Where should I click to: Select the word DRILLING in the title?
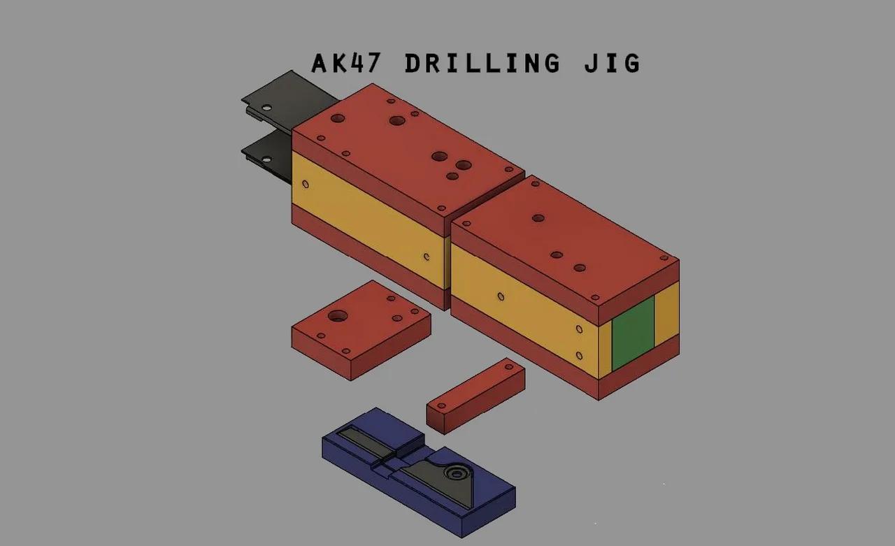[x=482, y=64]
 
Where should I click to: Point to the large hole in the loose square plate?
[x=338, y=315]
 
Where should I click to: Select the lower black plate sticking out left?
[x=269, y=155]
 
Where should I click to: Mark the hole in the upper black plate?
[x=266, y=108]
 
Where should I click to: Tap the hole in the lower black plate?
[x=266, y=160]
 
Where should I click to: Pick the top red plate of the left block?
[x=406, y=154]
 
